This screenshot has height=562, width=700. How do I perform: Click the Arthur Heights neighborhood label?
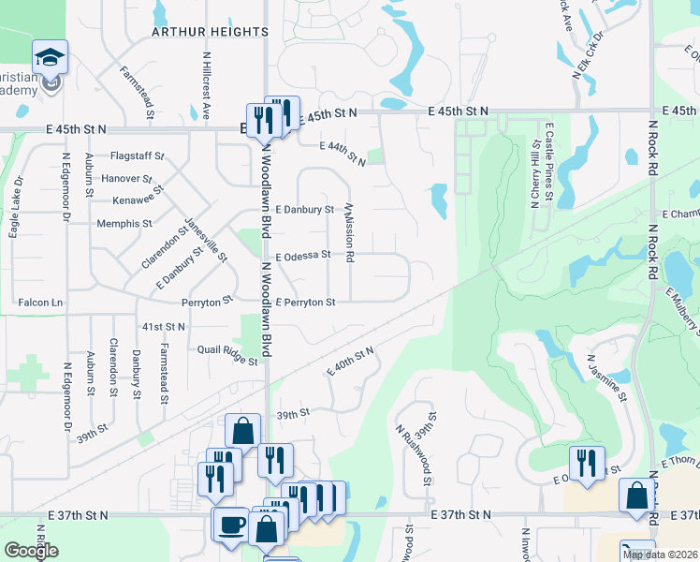tap(211, 32)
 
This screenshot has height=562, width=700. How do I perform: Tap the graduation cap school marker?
tap(50, 59)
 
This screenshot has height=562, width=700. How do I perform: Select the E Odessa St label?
tap(302, 254)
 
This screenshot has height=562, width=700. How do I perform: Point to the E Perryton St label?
tap(305, 303)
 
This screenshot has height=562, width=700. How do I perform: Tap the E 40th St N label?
tap(350, 361)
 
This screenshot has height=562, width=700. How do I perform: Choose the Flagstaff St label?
tap(137, 155)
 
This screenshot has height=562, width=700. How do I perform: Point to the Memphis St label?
tap(124, 224)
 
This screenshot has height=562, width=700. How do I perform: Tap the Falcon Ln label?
tap(40, 303)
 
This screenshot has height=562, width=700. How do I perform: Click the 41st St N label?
tap(163, 325)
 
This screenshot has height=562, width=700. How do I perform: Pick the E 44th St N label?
tap(343, 153)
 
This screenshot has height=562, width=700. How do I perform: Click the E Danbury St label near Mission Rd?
tap(304, 209)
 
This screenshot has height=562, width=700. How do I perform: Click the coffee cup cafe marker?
tap(230, 525)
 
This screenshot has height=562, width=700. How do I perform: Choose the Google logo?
tap(32, 551)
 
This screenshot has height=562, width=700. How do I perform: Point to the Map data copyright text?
tap(660, 555)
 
